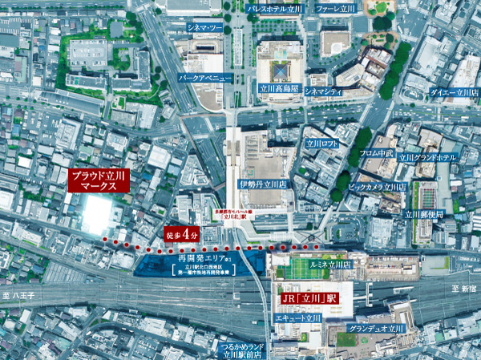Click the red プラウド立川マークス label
click(99, 180)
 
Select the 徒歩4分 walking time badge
click(182, 234)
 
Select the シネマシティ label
click(325, 92)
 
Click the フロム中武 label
click(376, 152)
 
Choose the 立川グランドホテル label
click(430, 158)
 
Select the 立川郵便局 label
click(424, 214)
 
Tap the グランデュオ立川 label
click(377, 329)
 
